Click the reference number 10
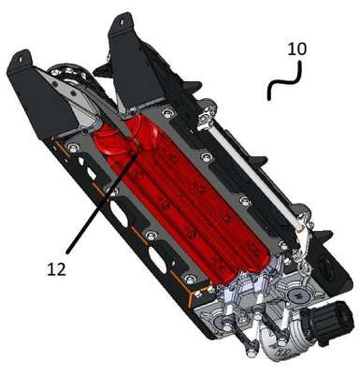(296, 49)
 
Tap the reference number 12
(57, 269)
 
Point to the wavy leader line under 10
(284, 81)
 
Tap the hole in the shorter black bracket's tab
(22, 59)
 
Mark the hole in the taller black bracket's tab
(122, 22)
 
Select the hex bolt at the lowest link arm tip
(250, 354)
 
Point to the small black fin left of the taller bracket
(103, 69)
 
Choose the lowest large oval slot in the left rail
(158, 260)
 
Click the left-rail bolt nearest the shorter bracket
(73, 147)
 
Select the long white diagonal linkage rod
(255, 175)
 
